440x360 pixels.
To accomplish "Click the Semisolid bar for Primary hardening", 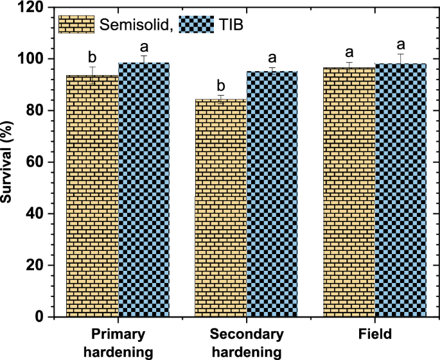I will (92, 196).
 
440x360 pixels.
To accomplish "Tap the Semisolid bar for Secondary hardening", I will (221, 208).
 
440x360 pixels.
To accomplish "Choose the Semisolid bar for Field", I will (349, 192).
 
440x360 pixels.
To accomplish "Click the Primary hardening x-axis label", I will (118, 343).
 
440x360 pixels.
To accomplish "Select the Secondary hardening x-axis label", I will (246, 343).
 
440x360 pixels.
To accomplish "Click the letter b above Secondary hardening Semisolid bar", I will (220, 85).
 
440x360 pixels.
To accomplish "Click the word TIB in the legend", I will (233, 25).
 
